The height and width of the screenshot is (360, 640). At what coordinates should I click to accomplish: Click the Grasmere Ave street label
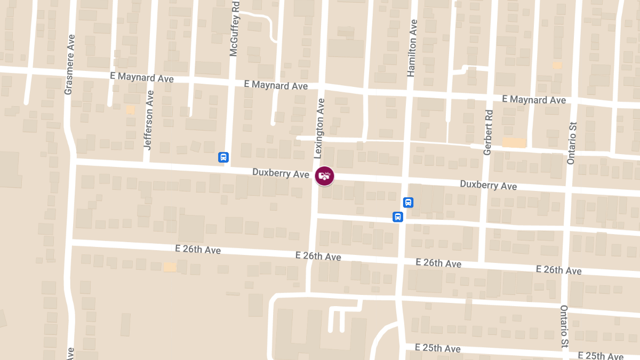coord(69,65)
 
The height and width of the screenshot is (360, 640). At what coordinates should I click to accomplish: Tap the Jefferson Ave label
coord(149,119)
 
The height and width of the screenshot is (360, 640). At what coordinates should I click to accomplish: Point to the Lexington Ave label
coord(319,128)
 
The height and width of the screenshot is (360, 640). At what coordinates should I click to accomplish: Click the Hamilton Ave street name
coord(412,49)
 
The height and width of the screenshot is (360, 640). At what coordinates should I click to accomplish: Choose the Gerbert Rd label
coord(487,132)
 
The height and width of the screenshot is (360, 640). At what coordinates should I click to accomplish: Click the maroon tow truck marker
coord(324,176)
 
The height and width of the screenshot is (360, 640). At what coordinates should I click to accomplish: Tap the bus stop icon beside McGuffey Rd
coord(223,157)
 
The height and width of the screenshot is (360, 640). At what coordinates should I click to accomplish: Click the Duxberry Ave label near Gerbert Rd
coord(488,185)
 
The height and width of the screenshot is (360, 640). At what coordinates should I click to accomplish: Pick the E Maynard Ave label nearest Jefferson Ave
coord(142,77)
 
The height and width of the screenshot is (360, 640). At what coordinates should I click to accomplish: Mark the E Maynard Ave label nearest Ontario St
coord(534,100)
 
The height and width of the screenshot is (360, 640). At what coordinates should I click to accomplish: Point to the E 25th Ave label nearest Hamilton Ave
coord(438,348)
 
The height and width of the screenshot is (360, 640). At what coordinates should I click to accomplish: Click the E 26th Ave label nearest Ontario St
coord(558,270)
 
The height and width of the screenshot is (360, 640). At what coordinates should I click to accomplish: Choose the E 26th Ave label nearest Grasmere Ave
coord(197,250)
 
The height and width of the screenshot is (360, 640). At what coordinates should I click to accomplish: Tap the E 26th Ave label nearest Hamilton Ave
coord(438,263)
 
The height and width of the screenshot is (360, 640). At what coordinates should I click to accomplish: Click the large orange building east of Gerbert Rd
coord(514,143)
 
